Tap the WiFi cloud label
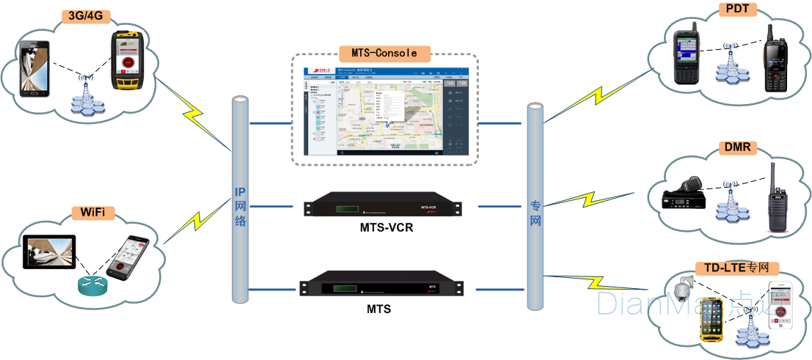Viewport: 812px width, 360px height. pos(93,213)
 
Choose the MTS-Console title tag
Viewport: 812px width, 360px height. pos(384,53)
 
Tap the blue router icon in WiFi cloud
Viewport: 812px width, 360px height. pos(92,285)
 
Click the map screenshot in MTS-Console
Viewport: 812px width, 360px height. pos(386,109)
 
